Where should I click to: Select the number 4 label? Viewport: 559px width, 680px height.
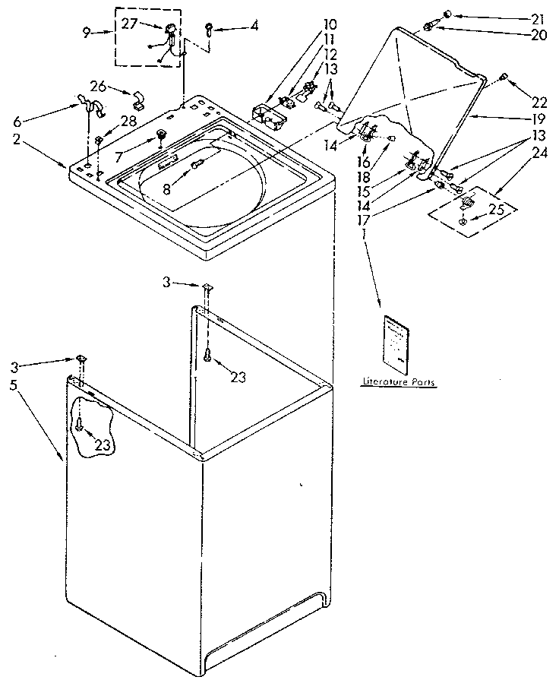pos(254,25)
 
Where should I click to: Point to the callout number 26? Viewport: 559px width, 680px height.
pos(98,85)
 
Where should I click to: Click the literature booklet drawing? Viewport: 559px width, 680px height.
pos(396,340)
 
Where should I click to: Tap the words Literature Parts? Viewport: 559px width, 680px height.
pos(398,383)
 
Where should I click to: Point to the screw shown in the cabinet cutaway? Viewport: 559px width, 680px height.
pos(78,427)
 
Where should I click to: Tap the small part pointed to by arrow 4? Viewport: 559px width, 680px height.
pos(208,29)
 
